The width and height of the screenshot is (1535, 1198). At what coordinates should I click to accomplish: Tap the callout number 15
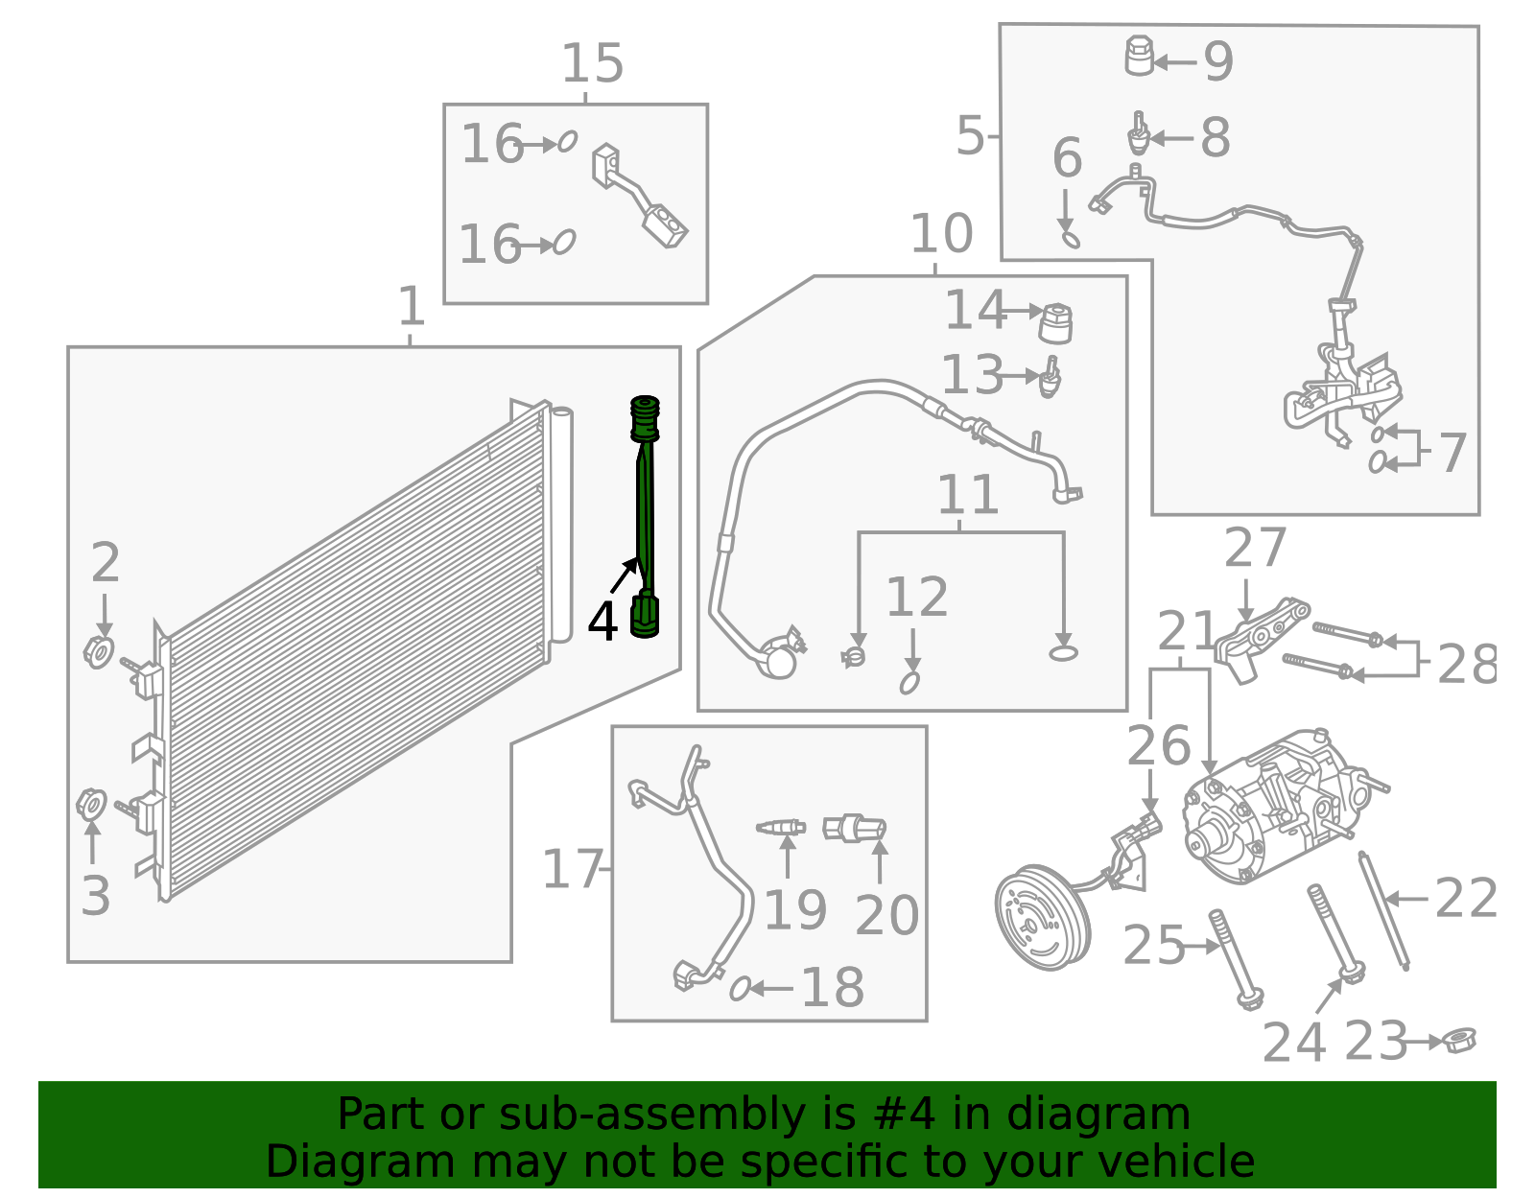tap(592, 63)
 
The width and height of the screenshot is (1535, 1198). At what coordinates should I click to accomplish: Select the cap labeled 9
tap(1138, 56)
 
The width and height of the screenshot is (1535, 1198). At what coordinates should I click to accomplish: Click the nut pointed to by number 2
tap(99, 651)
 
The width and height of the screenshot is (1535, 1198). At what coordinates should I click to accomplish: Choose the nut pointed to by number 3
tap(91, 805)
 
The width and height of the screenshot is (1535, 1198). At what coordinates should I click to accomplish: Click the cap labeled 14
tap(1056, 323)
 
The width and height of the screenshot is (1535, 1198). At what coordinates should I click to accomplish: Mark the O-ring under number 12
tap(909, 683)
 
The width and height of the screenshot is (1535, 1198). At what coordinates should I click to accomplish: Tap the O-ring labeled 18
tap(740, 988)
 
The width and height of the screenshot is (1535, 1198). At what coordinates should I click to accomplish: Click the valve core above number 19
tap(780, 827)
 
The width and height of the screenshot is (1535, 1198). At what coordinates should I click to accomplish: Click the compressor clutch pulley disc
tap(1043, 918)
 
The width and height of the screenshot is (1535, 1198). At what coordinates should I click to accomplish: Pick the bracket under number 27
tap(1261, 639)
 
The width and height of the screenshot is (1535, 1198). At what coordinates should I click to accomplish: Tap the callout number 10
tap(941, 234)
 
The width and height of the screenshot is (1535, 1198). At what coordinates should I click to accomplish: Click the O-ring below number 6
tap(1071, 239)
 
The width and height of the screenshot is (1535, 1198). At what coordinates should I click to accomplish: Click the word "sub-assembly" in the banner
tap(651, 1114)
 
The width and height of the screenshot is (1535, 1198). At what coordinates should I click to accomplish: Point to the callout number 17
tap(572, 869)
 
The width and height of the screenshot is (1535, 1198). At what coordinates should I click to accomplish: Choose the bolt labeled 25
tap(1236, 959)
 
